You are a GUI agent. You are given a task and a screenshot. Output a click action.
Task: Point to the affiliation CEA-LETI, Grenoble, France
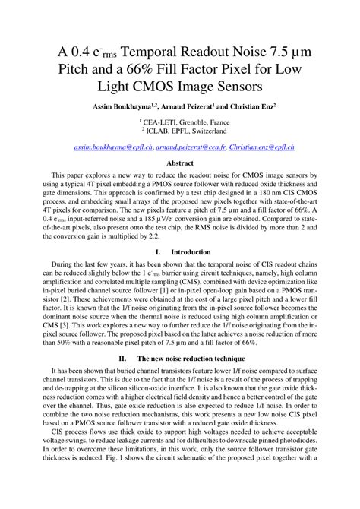(x=181, y=121)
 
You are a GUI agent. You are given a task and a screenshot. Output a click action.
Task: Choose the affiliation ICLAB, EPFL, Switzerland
(x=181, y=130)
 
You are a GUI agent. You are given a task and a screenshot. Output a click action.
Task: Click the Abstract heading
(x=179, y=162)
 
